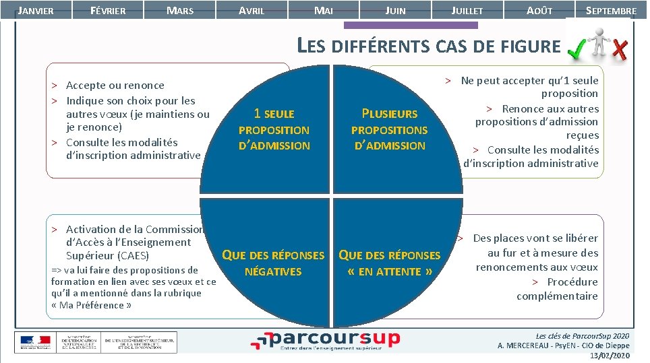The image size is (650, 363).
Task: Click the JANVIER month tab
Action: pyautogui.click(x=34, y=11)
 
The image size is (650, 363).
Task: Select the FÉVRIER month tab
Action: pyautogui.click(x=108, y=11)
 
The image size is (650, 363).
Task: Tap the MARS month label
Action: pyautogui.click(x=179, y=11)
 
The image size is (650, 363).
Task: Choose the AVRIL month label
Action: pyautogui.click(x=252, y=11)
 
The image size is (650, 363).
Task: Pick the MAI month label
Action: pyautogui.click(x=324, y=11)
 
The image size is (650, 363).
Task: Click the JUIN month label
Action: pyautogui.click(x=395, y=11)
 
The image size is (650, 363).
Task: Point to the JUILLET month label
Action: pyautogui.click(x=467, y=11)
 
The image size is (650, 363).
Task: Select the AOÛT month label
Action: pyautogui.click(x=539, y=11)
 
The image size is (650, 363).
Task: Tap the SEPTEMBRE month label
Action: pyautogui.click(x=611, y=11)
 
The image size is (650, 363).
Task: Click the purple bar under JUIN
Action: pyautogui.click(x=410, y=26)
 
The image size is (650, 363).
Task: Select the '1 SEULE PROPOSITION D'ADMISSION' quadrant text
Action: pyautogui.click(x=274, y=129)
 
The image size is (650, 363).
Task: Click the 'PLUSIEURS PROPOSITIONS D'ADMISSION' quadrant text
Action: pyautogui.click(x=389, y=129)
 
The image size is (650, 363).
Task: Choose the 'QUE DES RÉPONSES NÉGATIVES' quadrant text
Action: pyautogui.click(x=273, y=263)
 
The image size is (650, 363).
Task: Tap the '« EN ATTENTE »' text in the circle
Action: pyautogui.click(x=389, y=272)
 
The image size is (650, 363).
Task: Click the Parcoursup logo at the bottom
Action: pyautogui.click(x=325, y=340)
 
